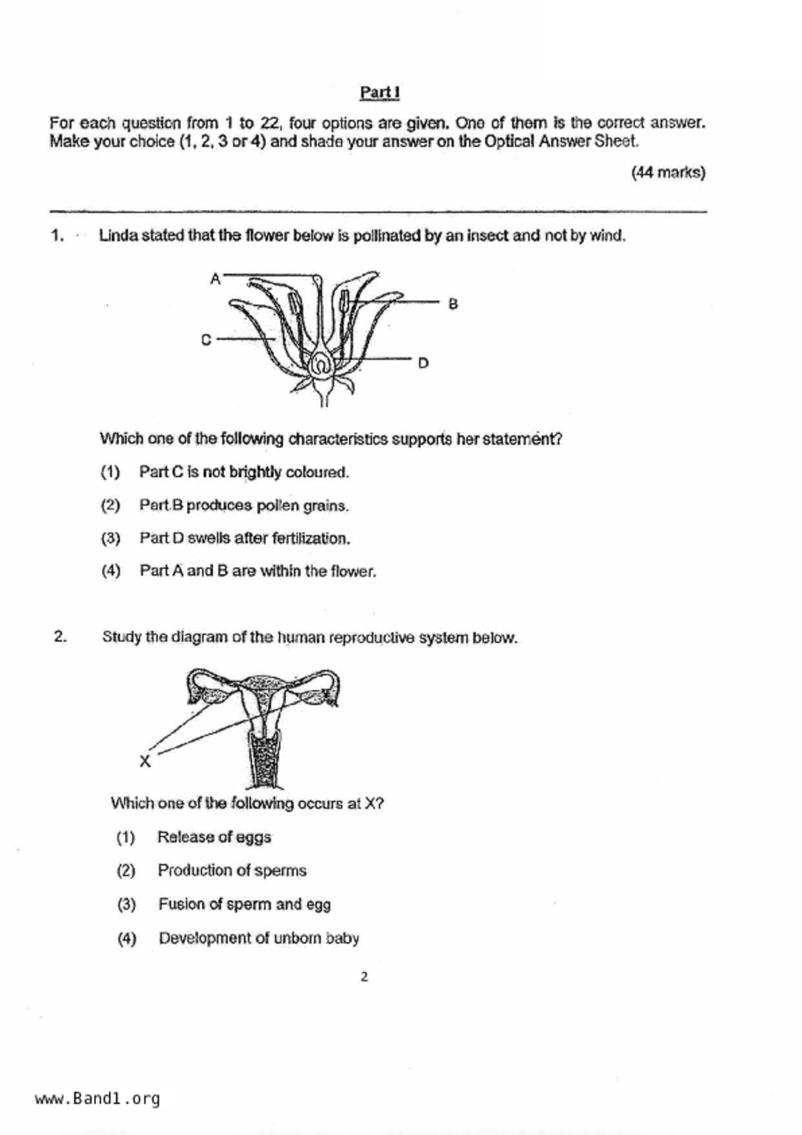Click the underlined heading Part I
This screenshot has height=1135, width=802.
tap(379, 93)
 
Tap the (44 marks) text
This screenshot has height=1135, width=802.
tap(668, 173)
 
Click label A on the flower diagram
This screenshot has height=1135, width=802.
tap(216, 279)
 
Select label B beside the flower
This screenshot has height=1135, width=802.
tap(453, 303)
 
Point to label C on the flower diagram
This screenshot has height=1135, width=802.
tap(206, 340)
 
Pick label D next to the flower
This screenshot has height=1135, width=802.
tap(423, 363)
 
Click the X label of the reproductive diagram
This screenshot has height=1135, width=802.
tap(145, 762)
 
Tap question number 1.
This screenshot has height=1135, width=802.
tap(58, 236)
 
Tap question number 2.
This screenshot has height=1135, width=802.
tap(60, 637)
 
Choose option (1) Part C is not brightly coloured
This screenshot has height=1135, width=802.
tap(243, 472)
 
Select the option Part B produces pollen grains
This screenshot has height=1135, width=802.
tap(243, 505)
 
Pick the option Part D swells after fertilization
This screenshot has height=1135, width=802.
tap(244, 538)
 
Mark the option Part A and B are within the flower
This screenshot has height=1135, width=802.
tap(257, 571)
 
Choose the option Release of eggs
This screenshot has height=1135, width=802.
tap(214, 837)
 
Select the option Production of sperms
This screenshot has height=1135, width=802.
tap(231, 870)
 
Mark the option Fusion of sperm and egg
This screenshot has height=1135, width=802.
tap(244, 904)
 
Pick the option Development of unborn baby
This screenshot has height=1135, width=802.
tap(258, 938)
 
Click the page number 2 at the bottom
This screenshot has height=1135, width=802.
tap(364, 977)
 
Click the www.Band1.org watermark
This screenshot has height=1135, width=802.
tap(97, 1099)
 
